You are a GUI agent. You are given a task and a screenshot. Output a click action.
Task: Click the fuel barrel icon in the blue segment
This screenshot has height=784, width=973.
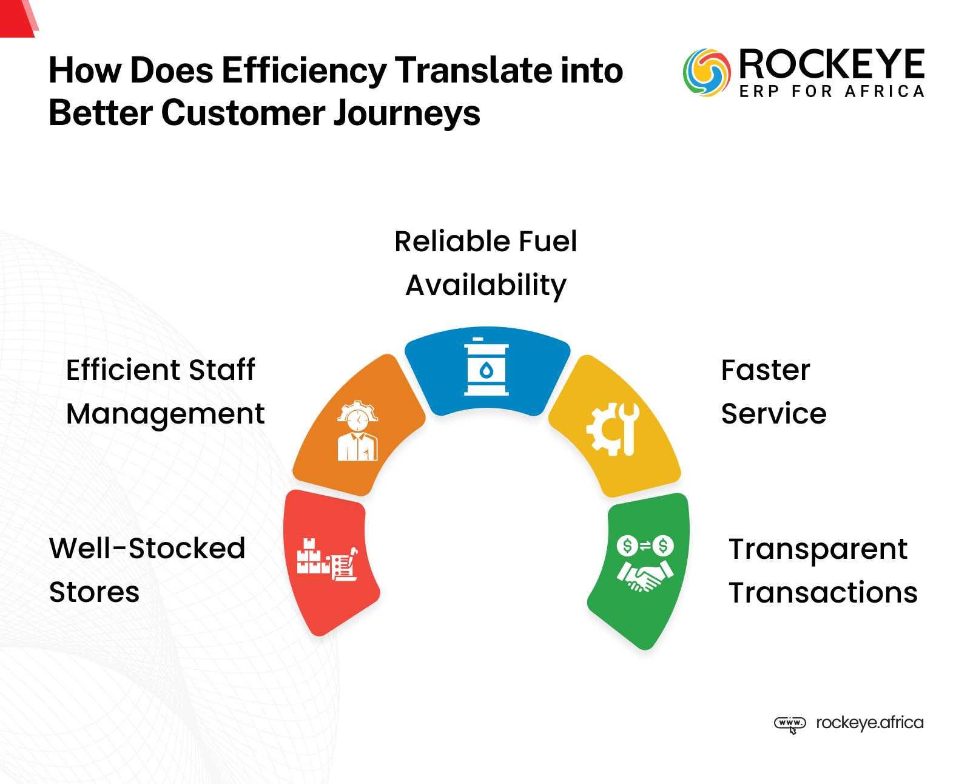point(486,368)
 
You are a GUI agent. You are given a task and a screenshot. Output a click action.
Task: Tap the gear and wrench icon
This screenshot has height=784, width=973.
point(613,428)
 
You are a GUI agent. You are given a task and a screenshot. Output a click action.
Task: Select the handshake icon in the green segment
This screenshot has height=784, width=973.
point(645,564)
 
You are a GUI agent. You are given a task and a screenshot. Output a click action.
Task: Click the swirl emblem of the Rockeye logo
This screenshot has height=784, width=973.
point(706,73)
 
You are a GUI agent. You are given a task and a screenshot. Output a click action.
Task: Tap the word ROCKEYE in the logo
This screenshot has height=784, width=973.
point(831,64)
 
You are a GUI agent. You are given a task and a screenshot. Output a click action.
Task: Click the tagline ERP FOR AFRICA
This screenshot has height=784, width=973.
point(832,92)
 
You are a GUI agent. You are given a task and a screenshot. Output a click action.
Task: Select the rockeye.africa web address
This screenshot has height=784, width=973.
point(869,723)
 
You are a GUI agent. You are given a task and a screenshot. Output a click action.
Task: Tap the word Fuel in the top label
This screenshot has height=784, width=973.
point(547,242)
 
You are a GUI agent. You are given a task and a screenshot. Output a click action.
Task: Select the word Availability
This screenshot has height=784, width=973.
point(486,285)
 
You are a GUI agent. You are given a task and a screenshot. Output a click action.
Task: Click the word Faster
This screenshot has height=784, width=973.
point(766,370)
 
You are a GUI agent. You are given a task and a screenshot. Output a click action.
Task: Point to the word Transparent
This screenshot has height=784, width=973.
point(818,549)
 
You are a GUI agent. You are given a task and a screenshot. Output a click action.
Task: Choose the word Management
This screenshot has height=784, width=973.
point(166,414)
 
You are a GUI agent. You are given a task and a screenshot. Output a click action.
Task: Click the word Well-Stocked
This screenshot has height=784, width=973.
point(147,549)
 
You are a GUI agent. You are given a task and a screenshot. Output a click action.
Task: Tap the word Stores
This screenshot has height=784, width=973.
point(95,592)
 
